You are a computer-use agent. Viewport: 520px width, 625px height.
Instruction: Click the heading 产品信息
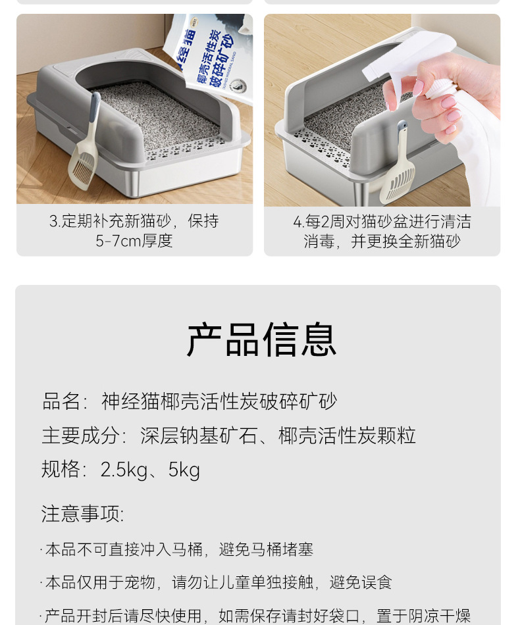[x=261, y=340]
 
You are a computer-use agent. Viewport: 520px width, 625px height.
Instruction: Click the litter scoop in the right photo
[x=398, y=171]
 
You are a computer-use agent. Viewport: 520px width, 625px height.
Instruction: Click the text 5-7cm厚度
[x=134, y=241]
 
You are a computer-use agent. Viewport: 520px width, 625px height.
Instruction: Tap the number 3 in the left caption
[x=53, y=221]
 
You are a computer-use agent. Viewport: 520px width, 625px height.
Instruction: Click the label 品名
[x=61, y=401]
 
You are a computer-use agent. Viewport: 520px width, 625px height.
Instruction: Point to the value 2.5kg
[x=124, y=470]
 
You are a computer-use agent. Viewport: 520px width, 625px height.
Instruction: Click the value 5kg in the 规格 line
[x=184, y=470]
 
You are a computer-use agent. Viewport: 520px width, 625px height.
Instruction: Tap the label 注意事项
[x=82, y=514]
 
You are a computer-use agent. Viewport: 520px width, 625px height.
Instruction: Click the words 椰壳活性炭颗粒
[x=347, y=436]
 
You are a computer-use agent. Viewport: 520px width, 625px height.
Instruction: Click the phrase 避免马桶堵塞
[x=266, y=549]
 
